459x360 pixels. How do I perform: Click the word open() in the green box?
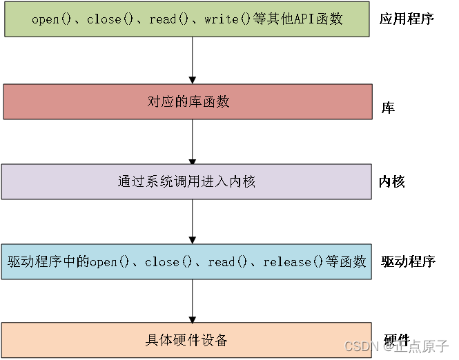[51, 19]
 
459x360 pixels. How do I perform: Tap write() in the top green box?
[228, 19]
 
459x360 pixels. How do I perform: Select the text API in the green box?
[304, 19]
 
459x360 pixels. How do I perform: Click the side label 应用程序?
[407, 19]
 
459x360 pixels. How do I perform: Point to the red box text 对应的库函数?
[188, 101]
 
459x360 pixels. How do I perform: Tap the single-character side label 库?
[388, 108]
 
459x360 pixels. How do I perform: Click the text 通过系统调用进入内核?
[186, 181]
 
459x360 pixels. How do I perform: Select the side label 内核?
[391, 182]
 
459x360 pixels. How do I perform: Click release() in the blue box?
[293, 262]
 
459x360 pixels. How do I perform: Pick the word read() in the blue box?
[228, 262]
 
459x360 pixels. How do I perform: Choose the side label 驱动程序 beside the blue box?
[408, 261]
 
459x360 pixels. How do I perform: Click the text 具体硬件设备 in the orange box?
[186, 341]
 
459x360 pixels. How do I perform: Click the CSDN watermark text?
[396, 346]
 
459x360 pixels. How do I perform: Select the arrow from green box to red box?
[193, 60]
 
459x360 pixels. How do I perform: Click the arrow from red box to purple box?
[193, 142]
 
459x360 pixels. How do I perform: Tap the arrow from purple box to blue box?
[193, 221]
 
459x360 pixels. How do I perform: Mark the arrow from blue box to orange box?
[193, 301]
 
